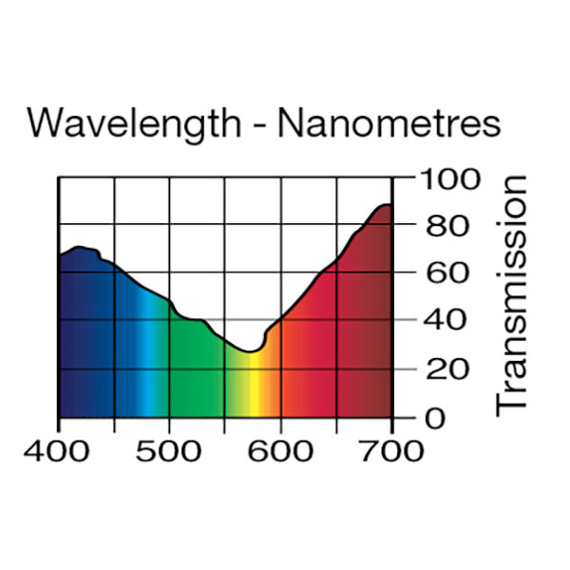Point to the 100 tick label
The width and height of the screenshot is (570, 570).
coord(445,179)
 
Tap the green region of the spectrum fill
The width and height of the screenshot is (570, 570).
coord(195,370)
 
